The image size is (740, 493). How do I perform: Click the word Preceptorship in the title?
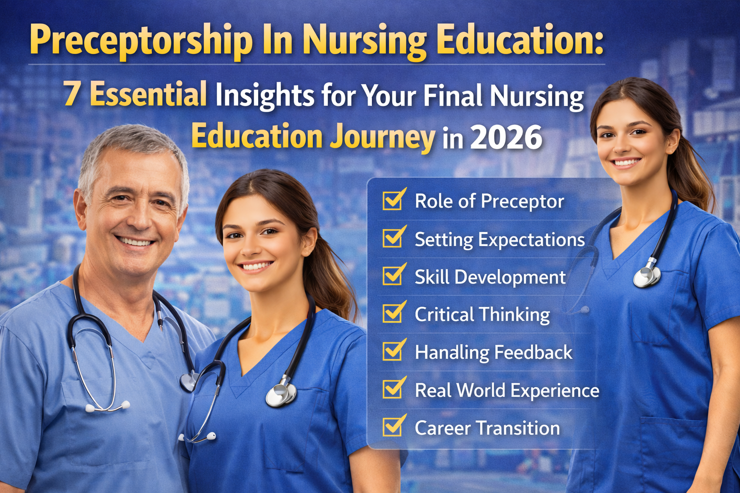141,40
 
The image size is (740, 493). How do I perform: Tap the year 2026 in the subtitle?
506,138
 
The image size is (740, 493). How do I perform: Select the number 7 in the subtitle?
71,94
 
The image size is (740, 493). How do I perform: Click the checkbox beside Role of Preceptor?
393,200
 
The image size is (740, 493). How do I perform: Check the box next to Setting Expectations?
393,238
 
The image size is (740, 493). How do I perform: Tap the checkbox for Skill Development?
393,275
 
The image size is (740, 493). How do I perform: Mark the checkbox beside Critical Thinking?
393,313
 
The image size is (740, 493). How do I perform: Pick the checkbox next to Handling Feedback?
393,351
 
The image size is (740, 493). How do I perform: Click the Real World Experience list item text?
507,390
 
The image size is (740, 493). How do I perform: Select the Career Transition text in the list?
487,428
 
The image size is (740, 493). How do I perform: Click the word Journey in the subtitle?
383,138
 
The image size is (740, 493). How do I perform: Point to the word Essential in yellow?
148,94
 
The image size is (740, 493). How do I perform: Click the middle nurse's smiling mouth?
255,266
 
